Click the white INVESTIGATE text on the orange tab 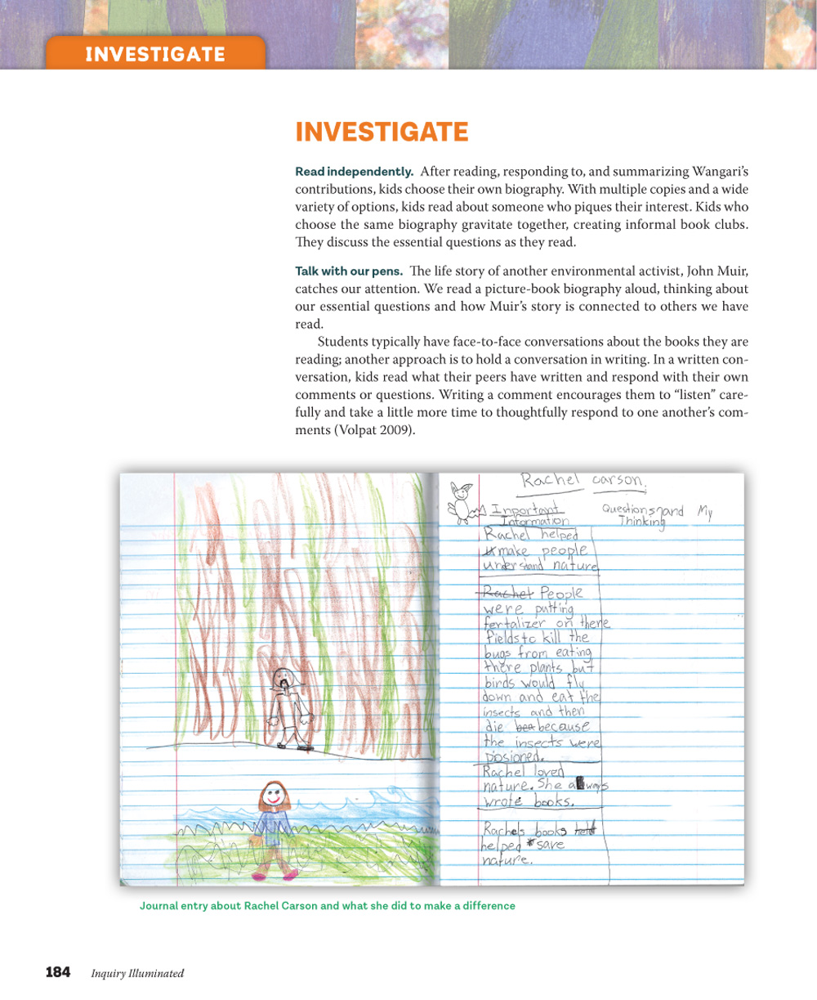pos(155,55)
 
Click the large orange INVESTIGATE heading pos(382,132)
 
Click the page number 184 pos(57,972)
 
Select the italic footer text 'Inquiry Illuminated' pos(137,973)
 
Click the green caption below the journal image pos(327,906)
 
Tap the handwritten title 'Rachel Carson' pos(585,481)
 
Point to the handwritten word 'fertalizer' pos(516,624)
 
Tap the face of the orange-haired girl pos(272,796)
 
